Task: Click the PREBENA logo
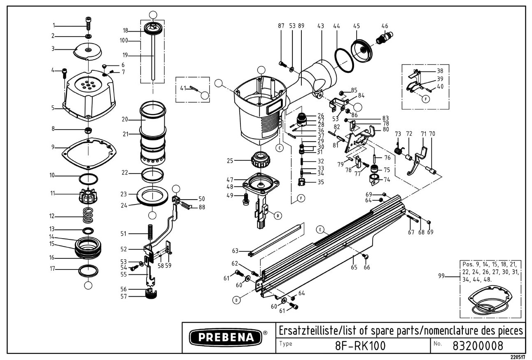click(226, 337)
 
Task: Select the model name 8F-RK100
click(360, 346)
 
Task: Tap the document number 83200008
click(478, 346)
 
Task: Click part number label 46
click(385, 26)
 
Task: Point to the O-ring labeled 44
click(344, 60)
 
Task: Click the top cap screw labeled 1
click(89, 23)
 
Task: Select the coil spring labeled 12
click(89, 215)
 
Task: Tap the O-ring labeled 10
click(88, 179)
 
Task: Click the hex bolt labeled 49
click(245, 199)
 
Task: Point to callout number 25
click(230, 160)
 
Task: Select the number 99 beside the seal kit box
click(441, 276)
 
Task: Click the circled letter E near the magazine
click(320, 230)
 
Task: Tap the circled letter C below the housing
click(280, 148)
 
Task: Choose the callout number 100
click(124, 41)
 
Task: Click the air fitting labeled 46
click(385, 37)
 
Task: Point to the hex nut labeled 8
click(88, 130)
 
